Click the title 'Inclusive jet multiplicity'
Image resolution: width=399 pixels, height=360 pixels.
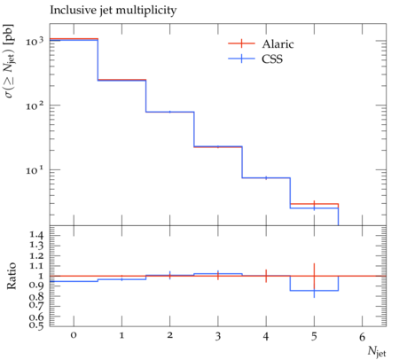tap(113, 11)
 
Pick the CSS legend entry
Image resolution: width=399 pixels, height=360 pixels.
tap(255, 59)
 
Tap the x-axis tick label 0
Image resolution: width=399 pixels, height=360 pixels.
tap(74, 335)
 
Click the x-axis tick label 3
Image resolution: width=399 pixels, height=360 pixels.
tap(218, 336)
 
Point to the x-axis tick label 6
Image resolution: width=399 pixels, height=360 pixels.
tap(362, 336)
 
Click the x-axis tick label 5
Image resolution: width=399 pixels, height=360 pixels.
tap(314, 336)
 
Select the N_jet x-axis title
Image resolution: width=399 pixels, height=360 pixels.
tap(377, 352)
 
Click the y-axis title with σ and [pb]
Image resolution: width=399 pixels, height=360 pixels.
tap(11, 61)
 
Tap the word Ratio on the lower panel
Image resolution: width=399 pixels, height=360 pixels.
tap(11, 276)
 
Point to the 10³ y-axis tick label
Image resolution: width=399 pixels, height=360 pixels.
tap(35, 41)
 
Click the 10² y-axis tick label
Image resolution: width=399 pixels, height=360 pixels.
tap(35, 106)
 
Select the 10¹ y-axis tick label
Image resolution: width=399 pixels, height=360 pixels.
tap(35, 170)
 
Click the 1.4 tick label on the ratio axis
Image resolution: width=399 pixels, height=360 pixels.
tap(36, 235)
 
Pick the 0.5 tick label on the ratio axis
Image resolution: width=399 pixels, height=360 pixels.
tap(36, 325)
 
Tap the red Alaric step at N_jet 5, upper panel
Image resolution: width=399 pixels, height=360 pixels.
tap(314, 204)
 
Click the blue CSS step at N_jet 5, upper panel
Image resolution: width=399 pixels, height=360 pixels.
tap(314, 208)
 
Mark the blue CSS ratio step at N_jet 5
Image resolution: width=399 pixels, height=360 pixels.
tap(314, 291)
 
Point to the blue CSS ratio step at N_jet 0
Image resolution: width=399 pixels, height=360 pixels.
tap(74, 281)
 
